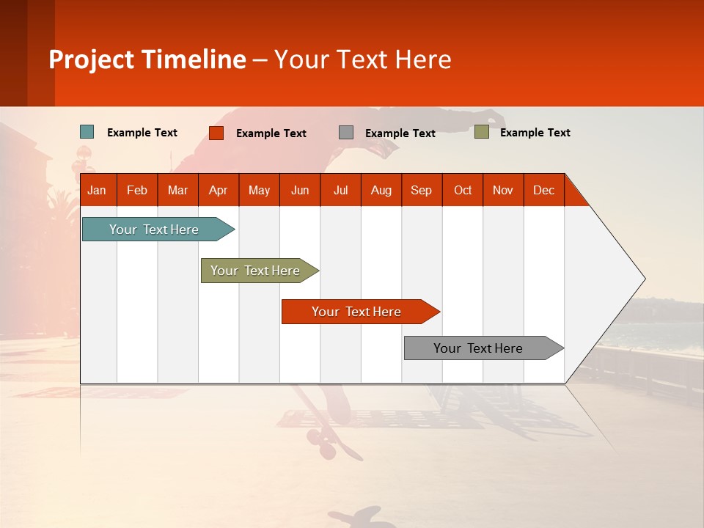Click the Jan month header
click(x=98, y=190)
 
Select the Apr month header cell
click(x=219, y=190)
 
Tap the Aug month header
click(x=381, y=190)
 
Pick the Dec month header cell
click(x=543, y=190)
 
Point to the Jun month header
click(x=300, y=190)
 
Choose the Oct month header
click(x=463, y=190)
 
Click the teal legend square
click(x=87, y=132)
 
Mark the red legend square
click(x=216, y=133)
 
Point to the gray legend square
click(x=346, y=133)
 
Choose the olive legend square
click(x=481, y=132)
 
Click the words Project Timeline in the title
click(x=147, y=59)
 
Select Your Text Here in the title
click(x=363, y=59)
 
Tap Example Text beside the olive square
click(x=535, y=133)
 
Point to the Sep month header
click(x=422, y=190)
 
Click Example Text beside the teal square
click(x=142, y=133)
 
